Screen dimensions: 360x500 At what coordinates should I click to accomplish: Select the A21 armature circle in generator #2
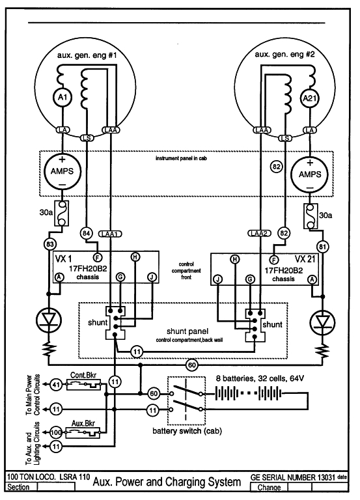pos(310,98)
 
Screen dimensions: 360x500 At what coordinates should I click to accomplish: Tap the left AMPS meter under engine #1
pos(62,172)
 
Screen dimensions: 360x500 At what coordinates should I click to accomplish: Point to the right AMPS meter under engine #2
pos(310,174)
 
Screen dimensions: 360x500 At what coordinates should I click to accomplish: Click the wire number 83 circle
pos(49,245)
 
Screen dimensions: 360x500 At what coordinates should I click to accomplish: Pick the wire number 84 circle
pos(87,234)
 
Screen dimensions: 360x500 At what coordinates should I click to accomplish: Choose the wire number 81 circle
pos(322,247)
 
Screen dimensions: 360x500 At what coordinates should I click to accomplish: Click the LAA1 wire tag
pos(110,234)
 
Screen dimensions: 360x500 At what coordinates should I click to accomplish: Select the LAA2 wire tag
pos(260,234)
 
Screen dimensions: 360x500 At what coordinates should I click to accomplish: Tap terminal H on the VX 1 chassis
pos(135,257)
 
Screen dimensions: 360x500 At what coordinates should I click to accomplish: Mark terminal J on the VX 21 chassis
pos(218,280)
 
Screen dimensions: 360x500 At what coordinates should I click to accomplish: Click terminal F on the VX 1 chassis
pos(97,257)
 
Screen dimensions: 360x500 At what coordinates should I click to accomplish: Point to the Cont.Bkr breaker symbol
pos(83,385)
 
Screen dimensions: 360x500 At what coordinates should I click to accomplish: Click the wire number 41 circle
pos(56,385)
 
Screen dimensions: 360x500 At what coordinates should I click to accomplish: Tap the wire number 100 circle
pos(56,433)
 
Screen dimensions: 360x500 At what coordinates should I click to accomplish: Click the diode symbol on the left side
pos(49,320)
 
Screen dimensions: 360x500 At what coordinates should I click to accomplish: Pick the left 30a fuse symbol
pos(62,214)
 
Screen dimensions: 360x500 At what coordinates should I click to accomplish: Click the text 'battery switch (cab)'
pos(187,431)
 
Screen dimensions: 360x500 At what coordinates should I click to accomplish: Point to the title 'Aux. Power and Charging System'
pos(167,482)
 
